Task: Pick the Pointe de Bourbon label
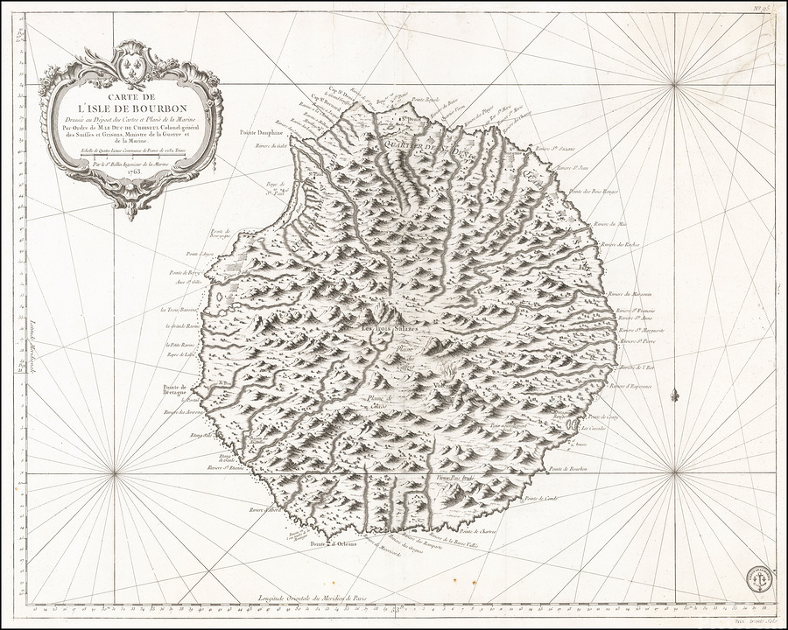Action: tap(569, 470)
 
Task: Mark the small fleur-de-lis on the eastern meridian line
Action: tap(674, 396)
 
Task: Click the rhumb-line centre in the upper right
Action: tap(674, 84)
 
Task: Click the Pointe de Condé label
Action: tap(541, 499)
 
